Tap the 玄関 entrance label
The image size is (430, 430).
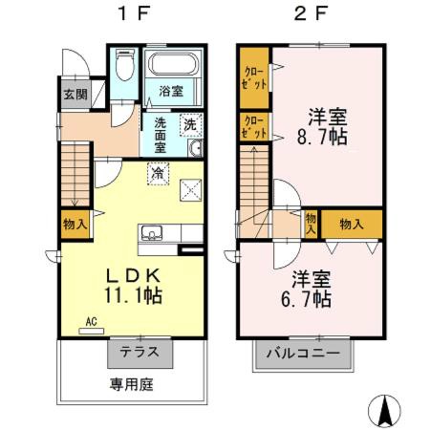[x=75, y=94]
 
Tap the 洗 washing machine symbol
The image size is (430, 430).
[x=190, y=124]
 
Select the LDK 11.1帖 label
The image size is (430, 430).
[x=134, y=283]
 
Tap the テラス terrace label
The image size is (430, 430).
[x=140, y=352]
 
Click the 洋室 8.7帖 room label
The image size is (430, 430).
[x=327, y=125]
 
